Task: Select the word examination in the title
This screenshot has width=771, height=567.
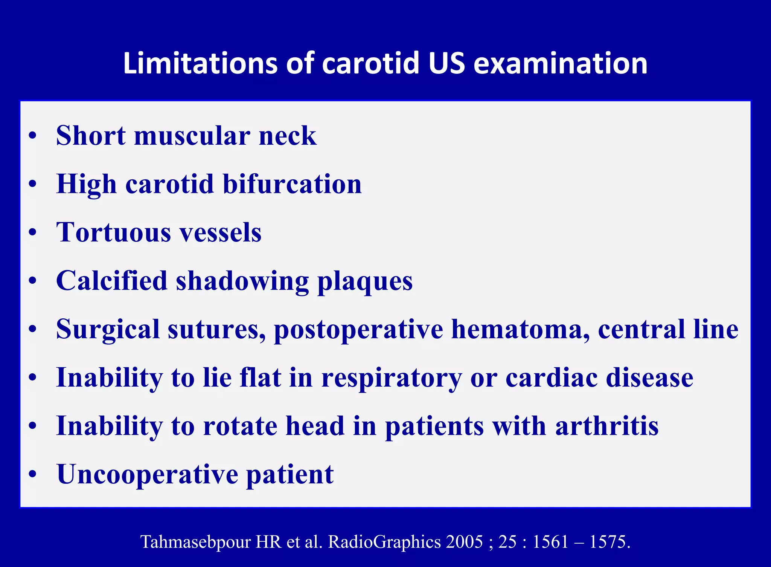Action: tap(560, 63)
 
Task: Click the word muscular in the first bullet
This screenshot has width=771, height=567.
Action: tap(192, 135)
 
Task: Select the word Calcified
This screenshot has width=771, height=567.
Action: tap(111, 281)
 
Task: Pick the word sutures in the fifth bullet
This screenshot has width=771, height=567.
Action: tap(216, 329)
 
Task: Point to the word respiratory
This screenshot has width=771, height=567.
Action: tap(392, 377)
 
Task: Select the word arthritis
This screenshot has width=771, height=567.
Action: tap(607, 426)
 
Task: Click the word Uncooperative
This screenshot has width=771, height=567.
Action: tap(147, 474)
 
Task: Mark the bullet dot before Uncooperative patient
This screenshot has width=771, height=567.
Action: tap(33, 474)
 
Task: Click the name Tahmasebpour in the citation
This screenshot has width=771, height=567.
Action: tap(196, 542)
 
